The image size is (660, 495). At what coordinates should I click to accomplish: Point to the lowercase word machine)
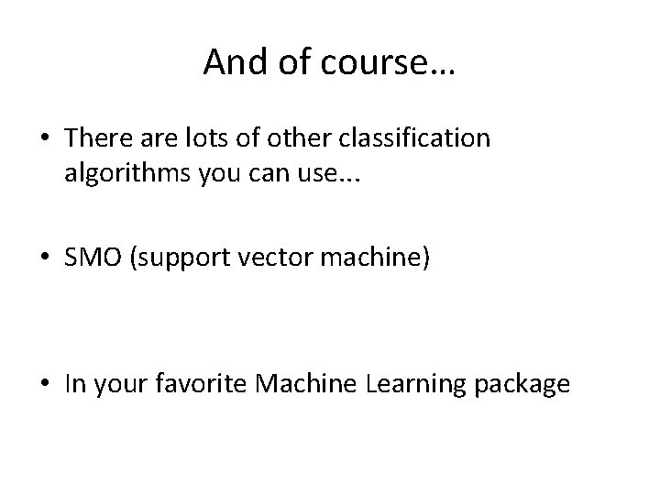tap(377, 259)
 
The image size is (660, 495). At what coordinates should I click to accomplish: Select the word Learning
tap(408, 383)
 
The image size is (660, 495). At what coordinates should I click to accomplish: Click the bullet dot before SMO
tap(46, 260)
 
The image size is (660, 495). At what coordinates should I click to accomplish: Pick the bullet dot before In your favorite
tap(46, 384)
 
